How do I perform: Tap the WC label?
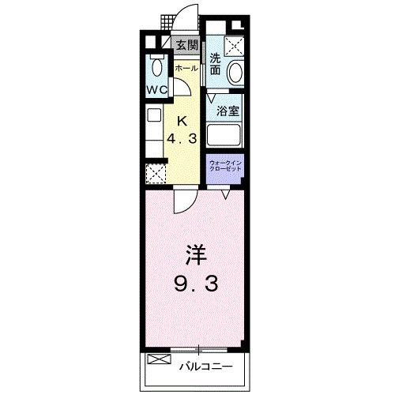155,89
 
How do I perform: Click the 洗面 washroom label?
216,63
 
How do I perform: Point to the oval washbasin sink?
235,73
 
